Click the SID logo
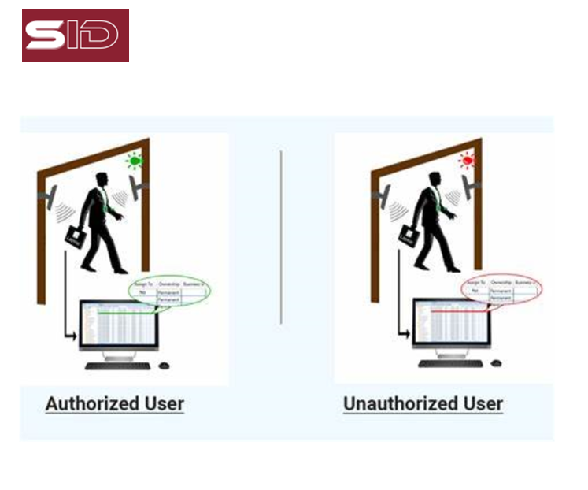(75, 35)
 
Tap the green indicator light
(135, 161)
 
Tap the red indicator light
(468, 161)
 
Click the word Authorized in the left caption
(92, 404)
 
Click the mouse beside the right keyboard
(496, 364)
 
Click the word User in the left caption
(162, 404)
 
